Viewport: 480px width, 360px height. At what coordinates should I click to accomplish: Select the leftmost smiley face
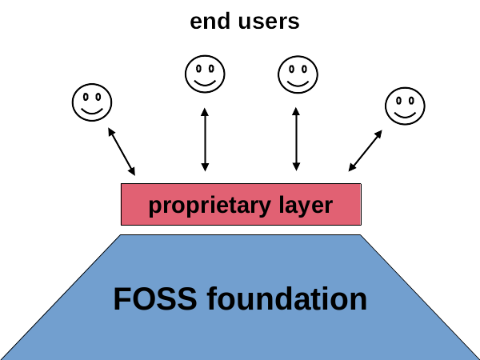[x=92, y=102]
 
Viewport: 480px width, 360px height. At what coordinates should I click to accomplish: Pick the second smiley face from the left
[x=205, y=74]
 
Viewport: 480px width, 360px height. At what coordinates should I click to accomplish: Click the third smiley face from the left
[x=297, y=74]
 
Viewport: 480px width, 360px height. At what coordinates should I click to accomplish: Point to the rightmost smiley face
[x=405, y=105]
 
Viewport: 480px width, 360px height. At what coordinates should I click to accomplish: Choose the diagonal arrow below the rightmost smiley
[x=365, y=150]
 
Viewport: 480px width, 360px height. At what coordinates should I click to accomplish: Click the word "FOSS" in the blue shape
[x=155, y=299]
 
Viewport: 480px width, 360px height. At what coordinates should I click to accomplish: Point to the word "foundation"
[x=287, y=299]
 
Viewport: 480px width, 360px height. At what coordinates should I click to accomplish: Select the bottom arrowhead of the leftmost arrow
[x=133, y=172]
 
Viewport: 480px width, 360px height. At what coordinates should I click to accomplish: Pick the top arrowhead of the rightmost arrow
[x=379, y=133]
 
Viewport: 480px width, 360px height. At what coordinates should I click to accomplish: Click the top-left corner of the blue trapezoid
[x=121, y=235]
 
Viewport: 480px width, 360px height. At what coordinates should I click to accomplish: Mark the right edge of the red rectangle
[x=361, y=205]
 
